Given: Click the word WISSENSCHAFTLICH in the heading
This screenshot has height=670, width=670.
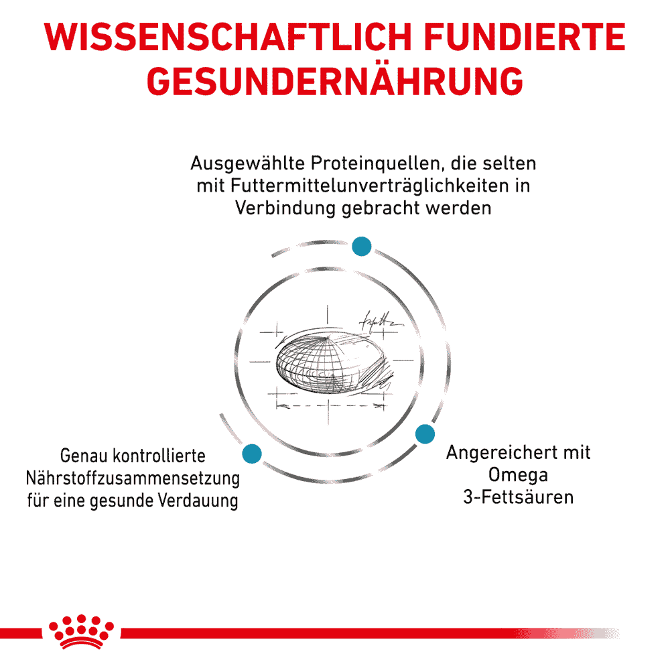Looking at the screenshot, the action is (228, 37).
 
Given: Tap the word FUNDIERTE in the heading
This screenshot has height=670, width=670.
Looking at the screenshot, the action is (525, 37).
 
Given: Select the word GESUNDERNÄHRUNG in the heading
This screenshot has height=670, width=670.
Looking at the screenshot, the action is (335, 81).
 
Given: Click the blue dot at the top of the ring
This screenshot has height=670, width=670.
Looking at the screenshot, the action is (362, 246).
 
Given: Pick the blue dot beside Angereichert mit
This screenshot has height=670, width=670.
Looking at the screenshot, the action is (425, 434).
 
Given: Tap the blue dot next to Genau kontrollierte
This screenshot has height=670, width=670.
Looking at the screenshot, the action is (252, 454).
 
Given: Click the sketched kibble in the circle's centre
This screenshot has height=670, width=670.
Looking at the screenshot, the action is (333, 362).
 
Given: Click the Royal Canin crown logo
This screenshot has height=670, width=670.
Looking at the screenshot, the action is (81, 632).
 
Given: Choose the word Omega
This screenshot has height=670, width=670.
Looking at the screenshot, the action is (518, 475).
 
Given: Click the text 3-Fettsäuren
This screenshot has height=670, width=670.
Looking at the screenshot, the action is (519, 497).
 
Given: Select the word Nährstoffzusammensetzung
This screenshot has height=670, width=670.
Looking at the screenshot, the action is (133, 478).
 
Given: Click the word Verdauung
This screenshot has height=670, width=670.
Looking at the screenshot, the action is (198, 500).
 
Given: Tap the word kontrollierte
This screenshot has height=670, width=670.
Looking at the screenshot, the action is (159, 456).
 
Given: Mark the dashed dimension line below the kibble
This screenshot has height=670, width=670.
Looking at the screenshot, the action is (329, 405).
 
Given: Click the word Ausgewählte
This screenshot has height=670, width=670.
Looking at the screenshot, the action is (248, 163).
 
